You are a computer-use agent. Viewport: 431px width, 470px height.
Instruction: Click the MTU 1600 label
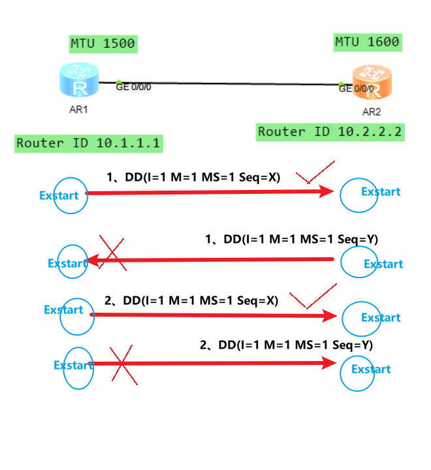click(x=367, y=42)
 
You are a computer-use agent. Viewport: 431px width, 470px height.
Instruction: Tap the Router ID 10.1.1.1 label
click(x=88, y=143)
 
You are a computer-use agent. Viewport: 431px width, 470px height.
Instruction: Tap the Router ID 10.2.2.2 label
click(x=330, y=131)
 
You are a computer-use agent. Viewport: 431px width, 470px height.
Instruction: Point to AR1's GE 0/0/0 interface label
click(x=133, y=86)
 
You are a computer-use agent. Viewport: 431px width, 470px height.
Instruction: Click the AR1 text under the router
click(x=78, y=110)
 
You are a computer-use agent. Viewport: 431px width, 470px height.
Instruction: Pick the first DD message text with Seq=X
click(x=194, y=176)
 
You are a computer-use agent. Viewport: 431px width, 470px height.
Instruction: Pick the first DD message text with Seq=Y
click(x=291, y=240)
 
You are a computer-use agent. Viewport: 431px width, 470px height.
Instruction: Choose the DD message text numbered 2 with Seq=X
click(x=191, y=301)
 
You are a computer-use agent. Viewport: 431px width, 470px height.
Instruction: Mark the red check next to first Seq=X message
click(x=315, y=174)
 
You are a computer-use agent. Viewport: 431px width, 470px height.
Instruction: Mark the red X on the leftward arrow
click(x=112, y=253)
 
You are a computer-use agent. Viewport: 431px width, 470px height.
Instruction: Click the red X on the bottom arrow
click(x=123, y=365)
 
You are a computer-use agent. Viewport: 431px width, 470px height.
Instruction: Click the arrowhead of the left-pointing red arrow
click(x=92, y=261)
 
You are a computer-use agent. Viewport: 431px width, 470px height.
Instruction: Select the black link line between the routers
click(x=229, y=83)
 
